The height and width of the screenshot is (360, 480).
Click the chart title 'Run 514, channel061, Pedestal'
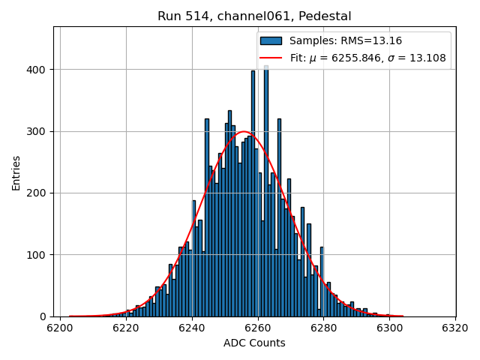254,16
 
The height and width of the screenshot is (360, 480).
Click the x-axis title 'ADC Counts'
254,343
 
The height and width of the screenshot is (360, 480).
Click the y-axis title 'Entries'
16,172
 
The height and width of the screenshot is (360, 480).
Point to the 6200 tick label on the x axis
60,328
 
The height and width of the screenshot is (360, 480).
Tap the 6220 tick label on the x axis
126,328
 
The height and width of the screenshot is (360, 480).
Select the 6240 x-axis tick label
192,328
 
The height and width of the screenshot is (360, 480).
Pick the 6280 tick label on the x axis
323,328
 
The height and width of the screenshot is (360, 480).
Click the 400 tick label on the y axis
37,70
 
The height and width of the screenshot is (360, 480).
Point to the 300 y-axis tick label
37,131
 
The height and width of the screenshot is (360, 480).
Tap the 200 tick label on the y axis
37,193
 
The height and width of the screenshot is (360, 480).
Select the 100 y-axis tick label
37,255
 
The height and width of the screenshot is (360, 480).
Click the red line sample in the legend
271,58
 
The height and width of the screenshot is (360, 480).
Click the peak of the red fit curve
244,132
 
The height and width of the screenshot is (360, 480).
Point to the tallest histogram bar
266,187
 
